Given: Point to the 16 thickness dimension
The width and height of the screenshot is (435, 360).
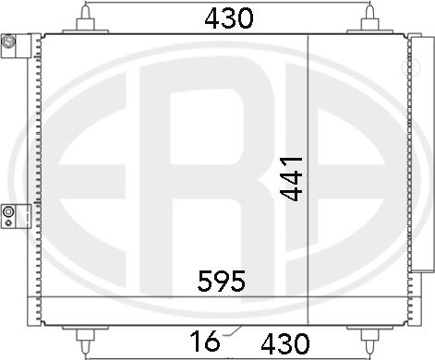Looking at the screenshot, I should (208, 343).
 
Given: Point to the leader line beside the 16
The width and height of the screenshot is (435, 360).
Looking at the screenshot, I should (232, 332).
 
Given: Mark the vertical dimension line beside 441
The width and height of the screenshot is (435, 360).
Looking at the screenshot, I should (308, 175).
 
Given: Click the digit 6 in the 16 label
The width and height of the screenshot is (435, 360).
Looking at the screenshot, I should (214, 343).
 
